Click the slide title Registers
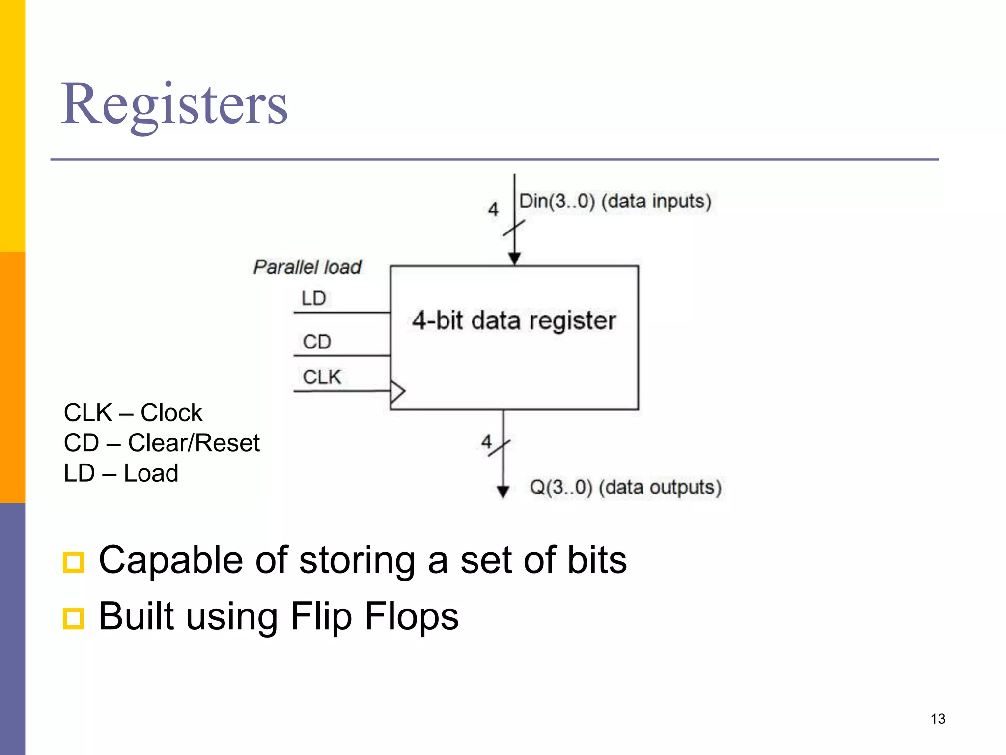tap(174, 104)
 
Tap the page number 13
tap(938, 719)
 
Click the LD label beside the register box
tap(313, 298)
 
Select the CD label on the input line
tap(317, 342)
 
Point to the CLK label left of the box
tap(322, 377)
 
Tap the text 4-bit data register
tap(514, 320)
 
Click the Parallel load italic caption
tap(307, 267)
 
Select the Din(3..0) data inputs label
tap(615, 201)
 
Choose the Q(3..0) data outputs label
tap(625, 487)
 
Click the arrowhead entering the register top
tap(514, 259)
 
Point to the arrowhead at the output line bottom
tap(503, 492)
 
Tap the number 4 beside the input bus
tap(493, 209)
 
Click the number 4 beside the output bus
tap(486, 441)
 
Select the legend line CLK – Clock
tap(133, 412)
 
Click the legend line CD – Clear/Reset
tap(162, 443)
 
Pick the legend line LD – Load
tap(121, 473)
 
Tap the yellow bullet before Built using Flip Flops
tap(74, 618)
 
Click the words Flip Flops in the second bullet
tap(374, 616)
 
